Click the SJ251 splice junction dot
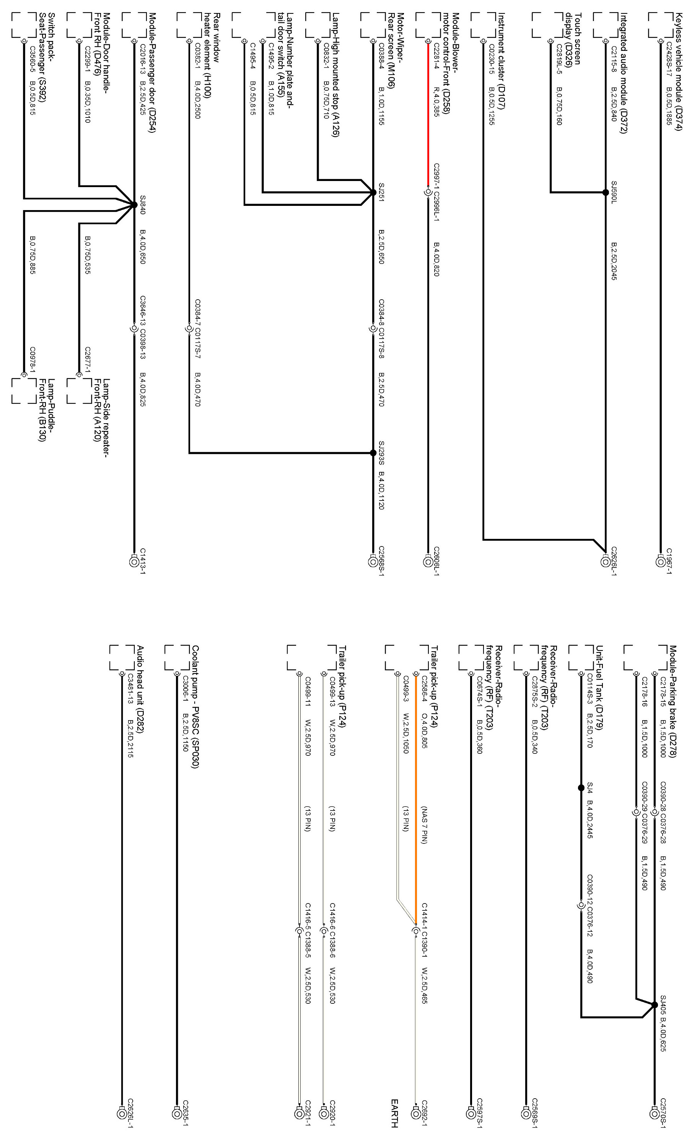pos(373,192)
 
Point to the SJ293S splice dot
pos(373,452)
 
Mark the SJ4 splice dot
pos(581,788)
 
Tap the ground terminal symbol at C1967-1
pos(660,561)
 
